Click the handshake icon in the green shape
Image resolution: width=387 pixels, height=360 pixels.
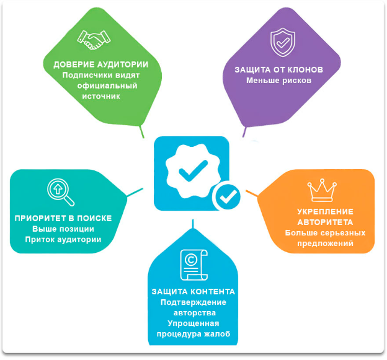click(x=95, y=40)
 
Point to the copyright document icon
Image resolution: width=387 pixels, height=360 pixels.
click(x=193, y=265)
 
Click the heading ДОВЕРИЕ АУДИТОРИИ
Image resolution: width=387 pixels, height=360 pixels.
click(x=100, y=64)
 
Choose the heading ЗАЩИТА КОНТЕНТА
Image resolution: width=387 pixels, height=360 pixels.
click(x=193, y=291)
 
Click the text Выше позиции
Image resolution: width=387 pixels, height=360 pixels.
click(x=63, y=229)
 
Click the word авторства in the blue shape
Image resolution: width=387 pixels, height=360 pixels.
click(x=193, y=313)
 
